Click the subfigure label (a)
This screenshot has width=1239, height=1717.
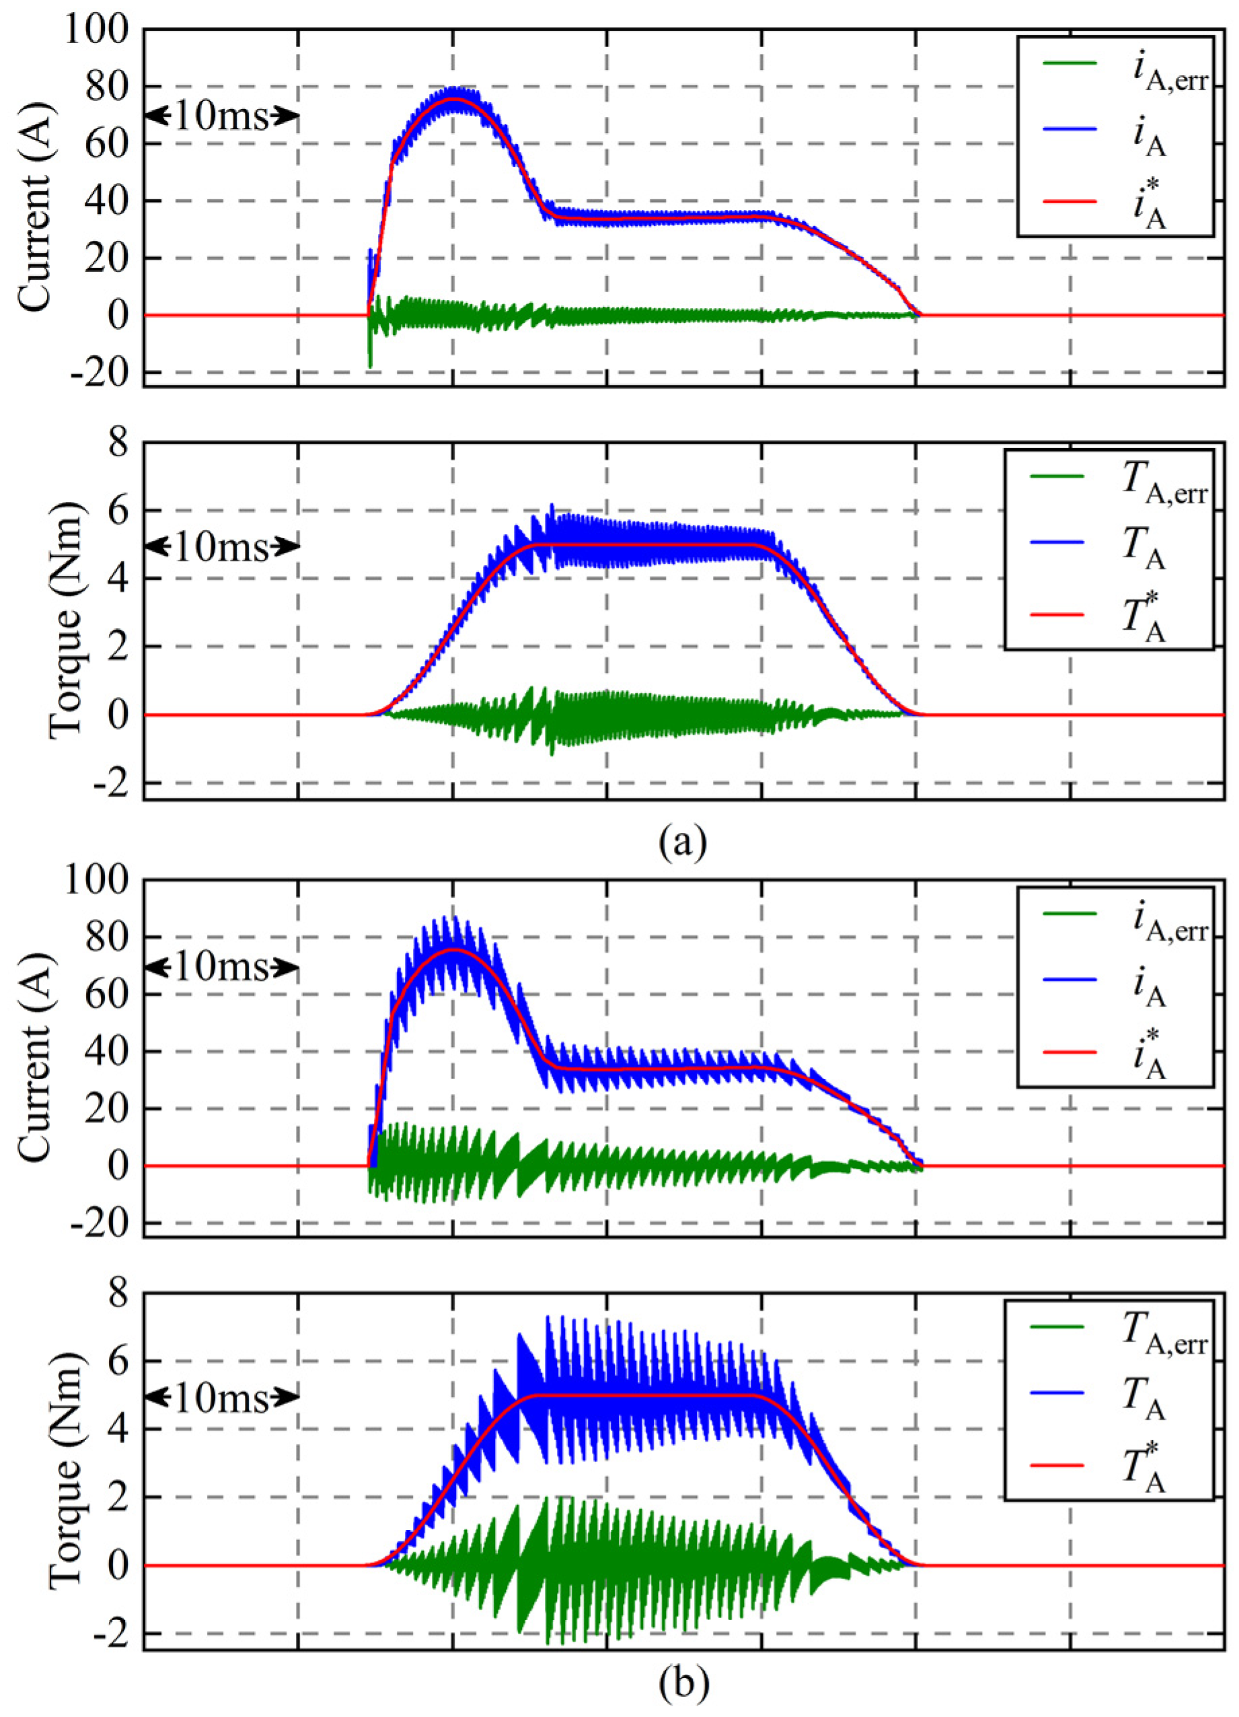[683, 840]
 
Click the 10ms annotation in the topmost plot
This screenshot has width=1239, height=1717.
[221, 116]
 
